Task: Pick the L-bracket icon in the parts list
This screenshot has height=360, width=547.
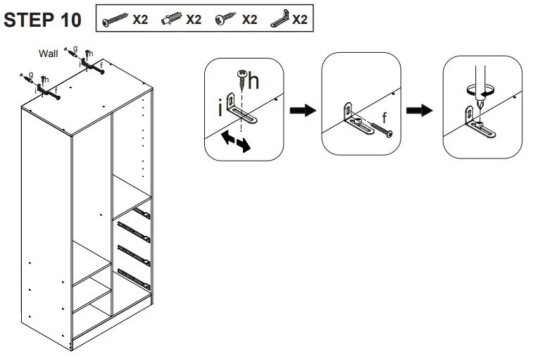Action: (x=279, y=20)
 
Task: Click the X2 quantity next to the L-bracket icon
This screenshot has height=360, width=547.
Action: (x=299, y=20)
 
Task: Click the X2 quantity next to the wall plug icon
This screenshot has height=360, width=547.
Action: (x=194, y=20)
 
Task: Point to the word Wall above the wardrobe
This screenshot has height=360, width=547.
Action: (x=49, y=53)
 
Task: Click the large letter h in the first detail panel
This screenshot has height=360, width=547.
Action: (x=253, y=82)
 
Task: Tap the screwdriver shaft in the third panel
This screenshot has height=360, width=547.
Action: (x=479, y=74)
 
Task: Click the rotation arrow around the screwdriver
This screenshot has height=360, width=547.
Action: (x=480, y=90)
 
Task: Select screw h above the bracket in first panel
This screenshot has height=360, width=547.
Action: (x=241, y=80)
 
